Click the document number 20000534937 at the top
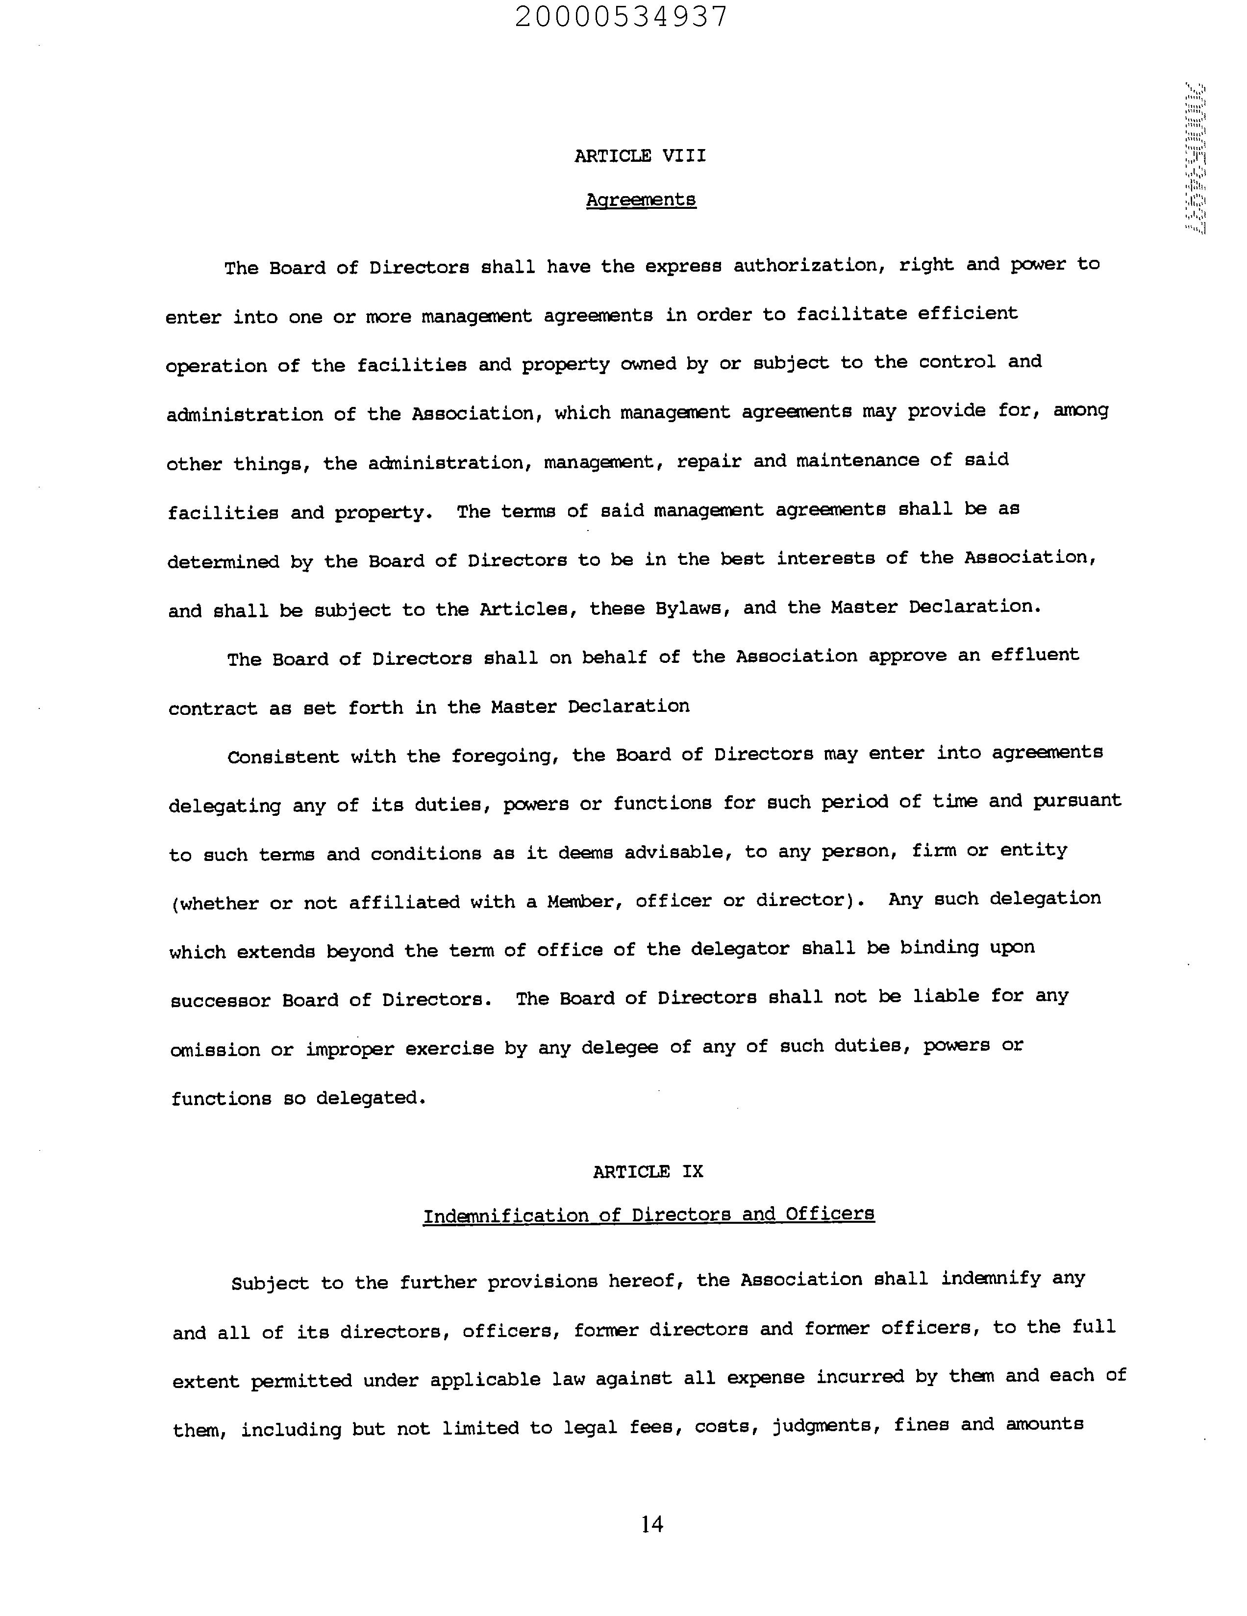tap(621, 16)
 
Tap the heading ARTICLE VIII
tap(640, 155)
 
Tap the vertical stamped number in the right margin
tap(1195, 158)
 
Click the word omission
tap(215, 1050)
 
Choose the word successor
tap(221, 1000)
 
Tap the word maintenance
tap(857, 460)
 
